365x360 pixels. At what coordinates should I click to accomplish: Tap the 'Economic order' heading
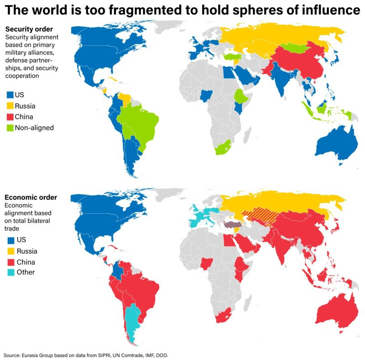click(x=31, y=197)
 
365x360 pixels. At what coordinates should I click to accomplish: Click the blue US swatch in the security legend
click(x=10, y=95)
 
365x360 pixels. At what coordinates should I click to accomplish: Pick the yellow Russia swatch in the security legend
click(x=10, y=106)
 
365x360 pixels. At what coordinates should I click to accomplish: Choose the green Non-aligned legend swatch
click(x=10, y=128)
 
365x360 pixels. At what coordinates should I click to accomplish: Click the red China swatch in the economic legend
click(x=10, y=262)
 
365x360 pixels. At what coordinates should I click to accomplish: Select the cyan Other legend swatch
click(x=10, y=272)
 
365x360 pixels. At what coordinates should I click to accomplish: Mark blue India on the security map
click(x=279, y=78)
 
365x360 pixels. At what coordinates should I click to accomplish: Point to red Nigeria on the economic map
click(x=206, y=263)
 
